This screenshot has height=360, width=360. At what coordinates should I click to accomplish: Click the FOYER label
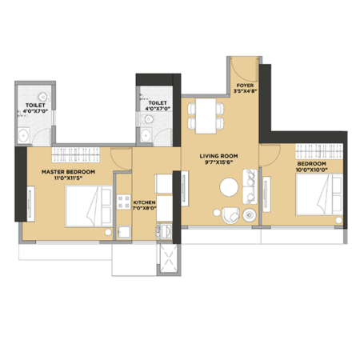pos(245,86)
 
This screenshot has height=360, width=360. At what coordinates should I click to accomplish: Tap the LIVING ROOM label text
pos(218,156)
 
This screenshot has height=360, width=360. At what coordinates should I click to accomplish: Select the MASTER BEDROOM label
pos(68,172)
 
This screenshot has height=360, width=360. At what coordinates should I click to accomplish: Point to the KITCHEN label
pos(144,202)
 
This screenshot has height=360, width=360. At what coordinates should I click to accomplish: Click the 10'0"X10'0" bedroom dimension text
pos(311,170)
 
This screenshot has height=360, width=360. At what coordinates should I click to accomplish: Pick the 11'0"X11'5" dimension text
pos(68,178)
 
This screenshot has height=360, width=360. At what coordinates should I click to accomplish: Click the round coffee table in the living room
pos(229,187)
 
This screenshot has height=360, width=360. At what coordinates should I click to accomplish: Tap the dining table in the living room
pos(206,116)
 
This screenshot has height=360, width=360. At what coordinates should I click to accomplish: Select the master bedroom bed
pos(89,206)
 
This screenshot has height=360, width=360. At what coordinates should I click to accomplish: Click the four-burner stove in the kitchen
pos(123,202)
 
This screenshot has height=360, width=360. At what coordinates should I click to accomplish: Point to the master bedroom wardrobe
pos(76,154)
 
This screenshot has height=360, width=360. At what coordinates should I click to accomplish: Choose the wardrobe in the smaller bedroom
pos(319,151)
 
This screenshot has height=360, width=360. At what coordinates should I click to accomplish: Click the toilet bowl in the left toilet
pos(42,97)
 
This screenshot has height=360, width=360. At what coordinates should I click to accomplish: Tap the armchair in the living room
pos(230,215)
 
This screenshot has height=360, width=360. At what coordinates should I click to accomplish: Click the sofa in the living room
pos(250,186)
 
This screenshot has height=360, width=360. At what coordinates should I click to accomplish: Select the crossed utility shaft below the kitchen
pos(168,258)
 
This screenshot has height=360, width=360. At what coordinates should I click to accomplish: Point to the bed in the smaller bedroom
pos(319,194)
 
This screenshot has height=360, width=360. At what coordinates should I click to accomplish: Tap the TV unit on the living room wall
pos(185,189)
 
